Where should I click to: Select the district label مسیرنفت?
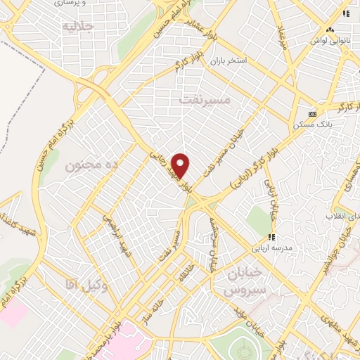tap(205, 100)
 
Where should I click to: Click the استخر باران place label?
tap(228, 60)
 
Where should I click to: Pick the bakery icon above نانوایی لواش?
tap(329, 30)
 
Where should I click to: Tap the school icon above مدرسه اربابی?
tap(273, 237)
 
